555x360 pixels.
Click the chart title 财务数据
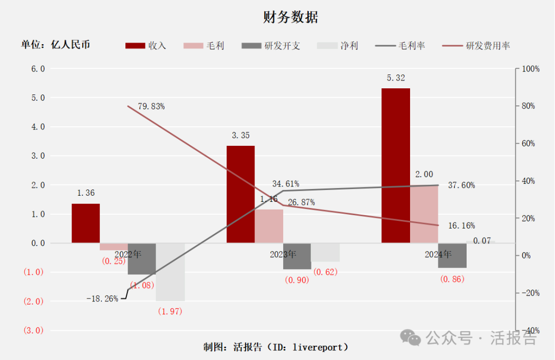[x=290, y=17]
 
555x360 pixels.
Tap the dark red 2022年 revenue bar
[x=85, y=223]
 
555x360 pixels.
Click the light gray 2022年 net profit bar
[x=170, y=272]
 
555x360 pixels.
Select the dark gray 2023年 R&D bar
[x=297, y=256]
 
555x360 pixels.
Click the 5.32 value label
[x=396, y=78]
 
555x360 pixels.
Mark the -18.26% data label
[x=102, y=298]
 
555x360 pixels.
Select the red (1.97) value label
[x=170, y=311]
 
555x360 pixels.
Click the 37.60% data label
[x=461, y=185]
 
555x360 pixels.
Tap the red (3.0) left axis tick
[x=34, y=330]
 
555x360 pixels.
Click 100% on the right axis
[x=530, y=69]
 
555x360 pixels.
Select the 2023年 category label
[x=283, y=254]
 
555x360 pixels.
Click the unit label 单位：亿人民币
[x=55, y=45]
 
